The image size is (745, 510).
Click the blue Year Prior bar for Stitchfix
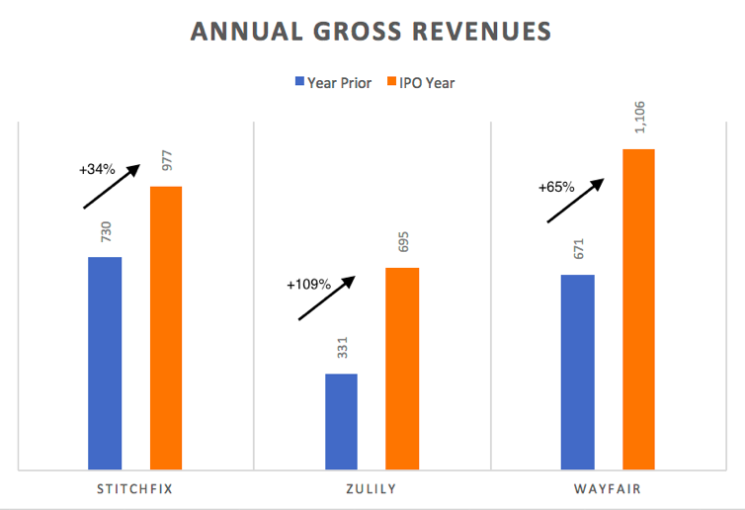tap(105, 363)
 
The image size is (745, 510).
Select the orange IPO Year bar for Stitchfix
tap(166, 327)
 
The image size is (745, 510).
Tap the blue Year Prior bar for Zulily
tap(341, 421)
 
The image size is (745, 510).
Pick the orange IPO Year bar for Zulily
tap(402, 368)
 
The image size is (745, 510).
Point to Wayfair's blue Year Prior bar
tap(577, 372)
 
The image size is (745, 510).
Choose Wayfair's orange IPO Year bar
tap(638, 308)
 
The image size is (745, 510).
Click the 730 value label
tap(106, 233)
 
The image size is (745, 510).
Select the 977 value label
tap(166, 162)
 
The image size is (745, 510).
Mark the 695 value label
tap(402, 243)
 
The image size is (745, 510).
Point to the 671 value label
tap(578, 250)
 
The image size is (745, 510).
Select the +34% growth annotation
tap(97, 169)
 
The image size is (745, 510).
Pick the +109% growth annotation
tap(309, 284)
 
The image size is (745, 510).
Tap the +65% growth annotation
tap(556, 186)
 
